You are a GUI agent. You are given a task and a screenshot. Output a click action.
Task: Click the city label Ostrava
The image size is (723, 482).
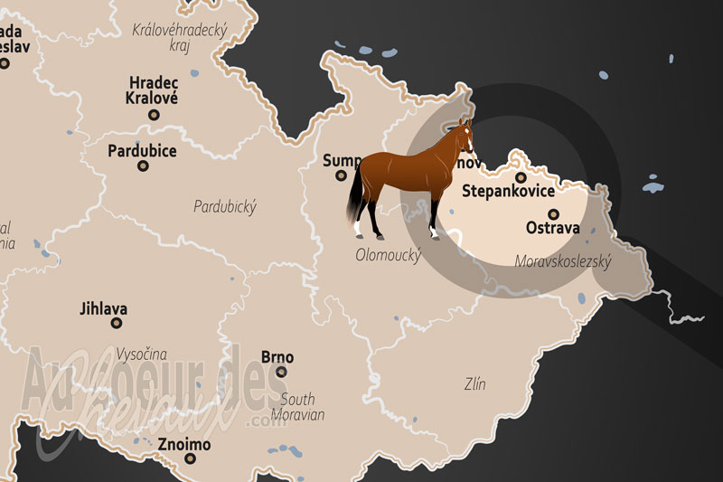552,229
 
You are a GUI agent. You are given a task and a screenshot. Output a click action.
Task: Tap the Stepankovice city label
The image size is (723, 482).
508,192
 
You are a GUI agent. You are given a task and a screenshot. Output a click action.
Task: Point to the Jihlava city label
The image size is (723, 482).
103,308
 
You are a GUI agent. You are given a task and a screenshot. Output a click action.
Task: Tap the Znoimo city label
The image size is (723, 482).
184,445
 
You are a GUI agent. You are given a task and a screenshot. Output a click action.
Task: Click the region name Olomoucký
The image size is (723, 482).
389,256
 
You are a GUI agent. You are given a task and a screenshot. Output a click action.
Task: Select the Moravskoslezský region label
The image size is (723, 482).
563,262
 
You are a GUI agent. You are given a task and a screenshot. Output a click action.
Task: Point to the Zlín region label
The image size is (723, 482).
474,384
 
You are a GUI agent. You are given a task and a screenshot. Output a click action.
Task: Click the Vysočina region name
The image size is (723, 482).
141,354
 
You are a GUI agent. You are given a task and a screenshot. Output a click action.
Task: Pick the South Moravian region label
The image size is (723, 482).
299,407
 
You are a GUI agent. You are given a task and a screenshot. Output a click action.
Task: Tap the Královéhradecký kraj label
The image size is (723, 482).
181,38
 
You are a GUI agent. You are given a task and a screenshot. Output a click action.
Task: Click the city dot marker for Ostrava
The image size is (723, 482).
554,214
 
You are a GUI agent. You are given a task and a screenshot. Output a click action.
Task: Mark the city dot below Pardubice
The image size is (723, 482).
142,166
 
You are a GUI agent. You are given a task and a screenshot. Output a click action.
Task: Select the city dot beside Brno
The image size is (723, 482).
282,372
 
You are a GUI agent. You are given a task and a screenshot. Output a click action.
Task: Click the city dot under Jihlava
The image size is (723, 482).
117,323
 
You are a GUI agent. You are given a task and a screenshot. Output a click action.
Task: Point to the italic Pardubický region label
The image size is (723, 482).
225,207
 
